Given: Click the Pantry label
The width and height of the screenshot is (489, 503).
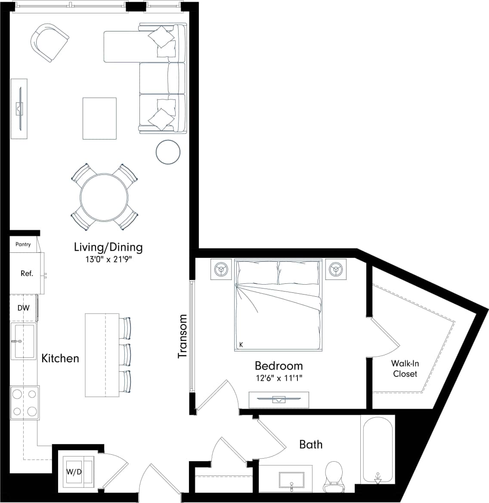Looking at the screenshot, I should pyautogui.click(x=23, y=244).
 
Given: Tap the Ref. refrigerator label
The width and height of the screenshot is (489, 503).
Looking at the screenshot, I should pyautogui.click(x=27, y=273).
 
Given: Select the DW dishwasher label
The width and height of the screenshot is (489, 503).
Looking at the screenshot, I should pyautogui.click(x=23, y=308).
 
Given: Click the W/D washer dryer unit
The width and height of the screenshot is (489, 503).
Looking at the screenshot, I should pyautogui.click(x=74, y=472).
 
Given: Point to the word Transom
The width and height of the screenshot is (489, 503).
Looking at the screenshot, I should pyautogui.click(x=183, y=336).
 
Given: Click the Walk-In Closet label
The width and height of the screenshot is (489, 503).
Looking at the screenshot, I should pyautogui.click(x=405, y=369).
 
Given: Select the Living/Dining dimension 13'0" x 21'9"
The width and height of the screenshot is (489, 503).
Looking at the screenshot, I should pyautogui.click(x=108, y=260).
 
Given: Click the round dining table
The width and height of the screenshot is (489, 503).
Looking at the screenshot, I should pyautogui.click(x=104, y=197).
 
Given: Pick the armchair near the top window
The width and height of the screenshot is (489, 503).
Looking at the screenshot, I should pyautogui.click(x=50, y=43).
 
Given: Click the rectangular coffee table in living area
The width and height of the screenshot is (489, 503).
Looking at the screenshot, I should pyautogui.click(x=99, y=118).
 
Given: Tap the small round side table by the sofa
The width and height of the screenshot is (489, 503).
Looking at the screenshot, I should pyautogui.click(x=168, y=152).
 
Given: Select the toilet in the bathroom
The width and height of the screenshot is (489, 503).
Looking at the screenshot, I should pyautogui.click(x=333, y=477).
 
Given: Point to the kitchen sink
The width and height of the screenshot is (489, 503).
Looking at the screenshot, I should pyautogui.click(x=24, y=341).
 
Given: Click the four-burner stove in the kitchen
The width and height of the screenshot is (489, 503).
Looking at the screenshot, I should pyautogui.click(x=25, y=402).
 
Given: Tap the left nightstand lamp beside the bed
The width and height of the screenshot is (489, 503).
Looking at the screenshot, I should pyautogui.click(x=221, y=270).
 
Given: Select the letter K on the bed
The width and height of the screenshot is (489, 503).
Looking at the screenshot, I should pyautogui.click(x=241, y=345).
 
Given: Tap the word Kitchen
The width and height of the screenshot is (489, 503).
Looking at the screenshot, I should pyautogui.click(x=60, y=358).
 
